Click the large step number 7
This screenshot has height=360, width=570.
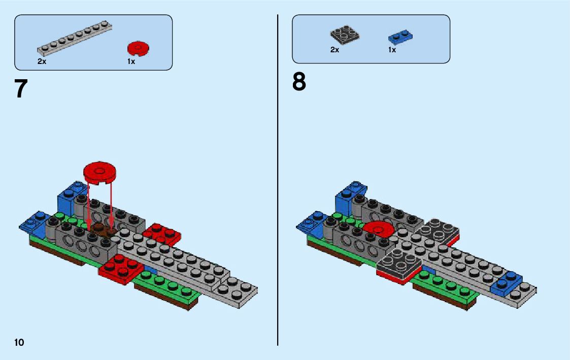[21, 89]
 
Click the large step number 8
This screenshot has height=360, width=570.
[299, 82]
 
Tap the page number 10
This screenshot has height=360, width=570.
[19, 342]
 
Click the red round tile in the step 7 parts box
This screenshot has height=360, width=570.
[138, 49]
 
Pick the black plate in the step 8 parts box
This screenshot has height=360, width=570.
[345, 35]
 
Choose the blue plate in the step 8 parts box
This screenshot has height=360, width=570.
[400, 36]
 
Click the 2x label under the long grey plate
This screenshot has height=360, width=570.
[42, 61]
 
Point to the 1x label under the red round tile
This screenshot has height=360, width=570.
[131, 61]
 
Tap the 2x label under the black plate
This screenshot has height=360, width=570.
[334, 50]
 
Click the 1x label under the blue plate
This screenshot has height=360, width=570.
[392, 50]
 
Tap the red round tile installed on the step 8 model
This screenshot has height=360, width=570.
[379, 230]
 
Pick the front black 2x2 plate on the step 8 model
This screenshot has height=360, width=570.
[399, 265]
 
